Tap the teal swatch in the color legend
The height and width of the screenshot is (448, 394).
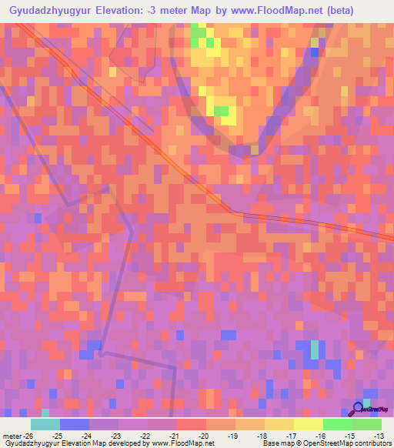pos(45,424)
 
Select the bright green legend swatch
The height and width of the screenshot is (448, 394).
pos(337,424)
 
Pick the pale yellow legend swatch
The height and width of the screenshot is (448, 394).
pos(308,424)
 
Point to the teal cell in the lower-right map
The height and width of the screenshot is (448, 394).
pos(314,350)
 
